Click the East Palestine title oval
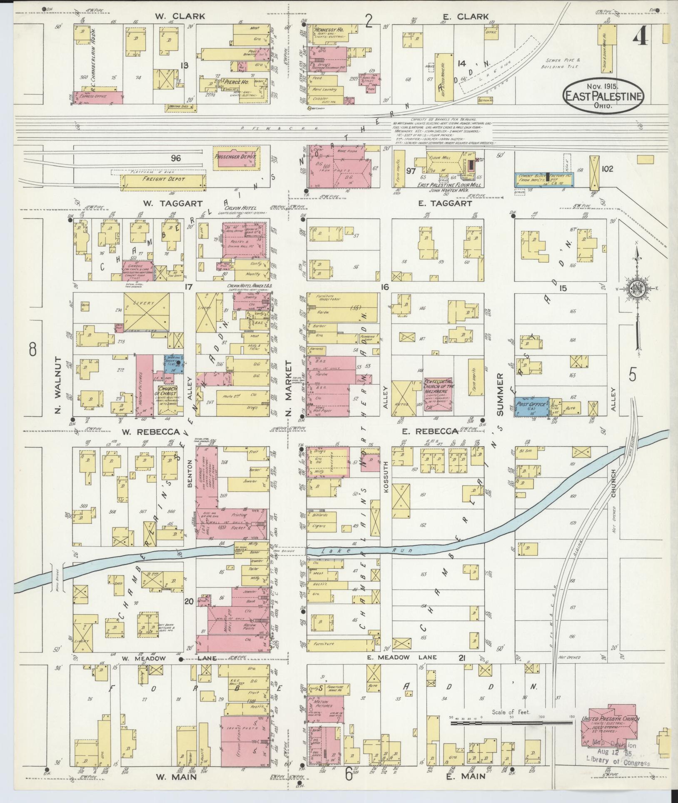coord(603,95)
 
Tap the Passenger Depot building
coord(234,158)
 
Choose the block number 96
coord(176,158)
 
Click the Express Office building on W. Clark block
coord(98,97)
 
